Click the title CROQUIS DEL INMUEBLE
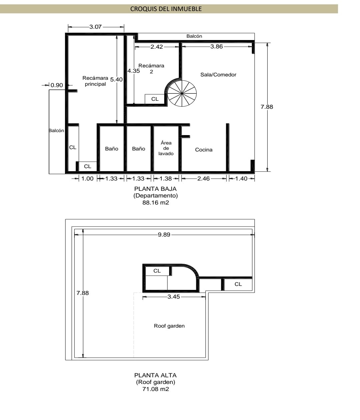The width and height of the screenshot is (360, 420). [x=166, y=9]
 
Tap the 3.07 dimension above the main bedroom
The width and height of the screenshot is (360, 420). [x=95, y=27]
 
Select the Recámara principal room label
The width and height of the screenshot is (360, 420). [x=95, y=81]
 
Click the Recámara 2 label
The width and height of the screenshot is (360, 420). [x=151, y=68]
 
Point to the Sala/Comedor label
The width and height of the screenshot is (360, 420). [x=218, y=75]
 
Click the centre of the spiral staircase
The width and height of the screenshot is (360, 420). [x=182, y=93]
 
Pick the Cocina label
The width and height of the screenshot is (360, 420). [x=204, y=149]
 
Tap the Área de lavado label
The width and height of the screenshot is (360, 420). [x=166, y=148]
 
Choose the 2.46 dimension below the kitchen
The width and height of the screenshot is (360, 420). [x=203, y=178]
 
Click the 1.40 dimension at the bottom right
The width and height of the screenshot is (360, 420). [x=241, y=178]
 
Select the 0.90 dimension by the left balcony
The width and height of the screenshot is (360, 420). [x=57, y=85]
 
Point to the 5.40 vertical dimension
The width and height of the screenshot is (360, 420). [x=116, y=79]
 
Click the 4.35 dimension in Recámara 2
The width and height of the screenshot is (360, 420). [x=133, y=71]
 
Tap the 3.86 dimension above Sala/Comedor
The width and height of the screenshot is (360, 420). [x=217, y=46]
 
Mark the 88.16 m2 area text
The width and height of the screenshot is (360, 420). [x=155, y=202]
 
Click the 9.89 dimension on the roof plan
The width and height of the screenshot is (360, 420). [x=164, y=235]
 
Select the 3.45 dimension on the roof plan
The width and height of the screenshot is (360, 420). [x=173, y=297]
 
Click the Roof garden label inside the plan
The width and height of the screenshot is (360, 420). [x=169, y=326]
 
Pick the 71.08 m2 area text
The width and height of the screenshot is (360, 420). [x=155, y=389]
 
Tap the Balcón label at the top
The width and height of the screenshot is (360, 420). [x=194, y=36]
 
